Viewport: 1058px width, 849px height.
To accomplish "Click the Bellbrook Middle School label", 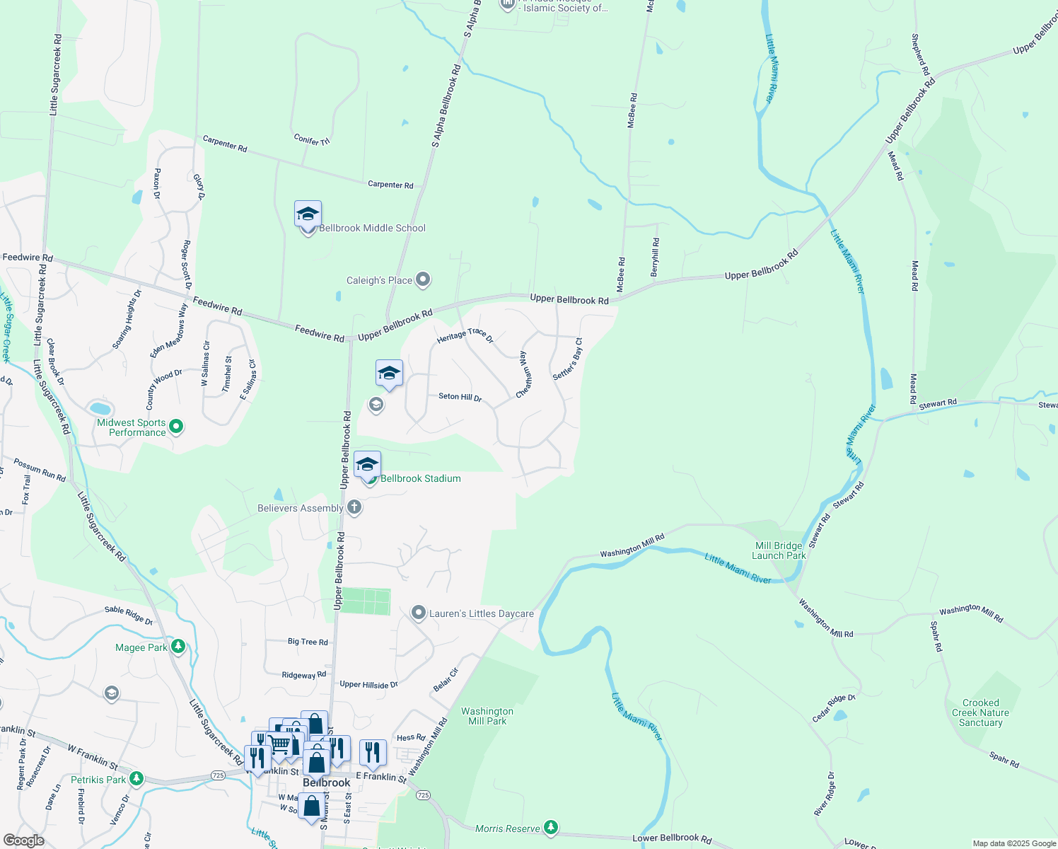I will (x=372, y=228).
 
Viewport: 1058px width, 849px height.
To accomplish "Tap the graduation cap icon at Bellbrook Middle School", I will (x=308, y=214).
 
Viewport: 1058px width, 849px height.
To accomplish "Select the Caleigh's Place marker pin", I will (x=423, y=280).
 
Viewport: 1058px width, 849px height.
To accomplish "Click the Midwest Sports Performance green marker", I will (x=177, y=426).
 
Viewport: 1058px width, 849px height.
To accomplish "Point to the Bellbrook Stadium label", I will (x=420, y=479).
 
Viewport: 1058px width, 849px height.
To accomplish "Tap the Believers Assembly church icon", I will (x=354, y=507).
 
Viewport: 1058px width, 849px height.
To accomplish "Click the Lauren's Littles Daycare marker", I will (x=419, y=613).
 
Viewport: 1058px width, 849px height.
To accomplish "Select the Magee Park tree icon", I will (x=178, y=646).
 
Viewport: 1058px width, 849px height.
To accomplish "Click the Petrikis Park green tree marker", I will (x=136, y=779).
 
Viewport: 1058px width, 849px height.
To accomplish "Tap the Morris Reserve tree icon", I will (x=551, y=826).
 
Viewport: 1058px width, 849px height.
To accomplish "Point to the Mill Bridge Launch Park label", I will (x=779, y=550).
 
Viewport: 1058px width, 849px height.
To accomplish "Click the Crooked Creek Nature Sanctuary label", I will (x=980, y=712).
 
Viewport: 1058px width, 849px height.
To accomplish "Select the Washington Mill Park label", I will (x=487, y=716).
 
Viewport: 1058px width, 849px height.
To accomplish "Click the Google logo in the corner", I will (x=23, y=841).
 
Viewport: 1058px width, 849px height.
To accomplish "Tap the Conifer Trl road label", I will (x=312, y=140).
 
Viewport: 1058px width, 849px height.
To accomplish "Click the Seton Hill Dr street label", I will (x=460, y=397).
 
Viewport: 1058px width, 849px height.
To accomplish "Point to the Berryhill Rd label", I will (x=656, y=257).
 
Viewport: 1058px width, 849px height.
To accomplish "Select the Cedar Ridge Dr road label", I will (x=834, y=708).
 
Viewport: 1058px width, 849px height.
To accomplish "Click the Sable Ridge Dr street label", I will (x=129, y=616).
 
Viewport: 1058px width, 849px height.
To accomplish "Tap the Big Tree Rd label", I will (x=308, y=642).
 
